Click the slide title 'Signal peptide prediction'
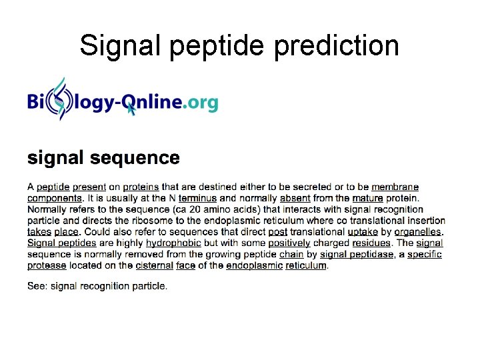pos(239,46)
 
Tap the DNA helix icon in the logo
pos(61,100)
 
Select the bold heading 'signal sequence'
pos(103,158)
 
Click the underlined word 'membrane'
pos(395,187)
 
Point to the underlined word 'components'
pos(55,198)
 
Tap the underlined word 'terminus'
pos(197,198)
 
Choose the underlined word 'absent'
pos(295,198)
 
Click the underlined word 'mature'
pos(367,198)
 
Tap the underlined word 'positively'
pos(289,243)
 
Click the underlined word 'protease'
pos(47,265)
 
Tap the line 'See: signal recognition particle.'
pos(97,286)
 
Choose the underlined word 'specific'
pos(425,254)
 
